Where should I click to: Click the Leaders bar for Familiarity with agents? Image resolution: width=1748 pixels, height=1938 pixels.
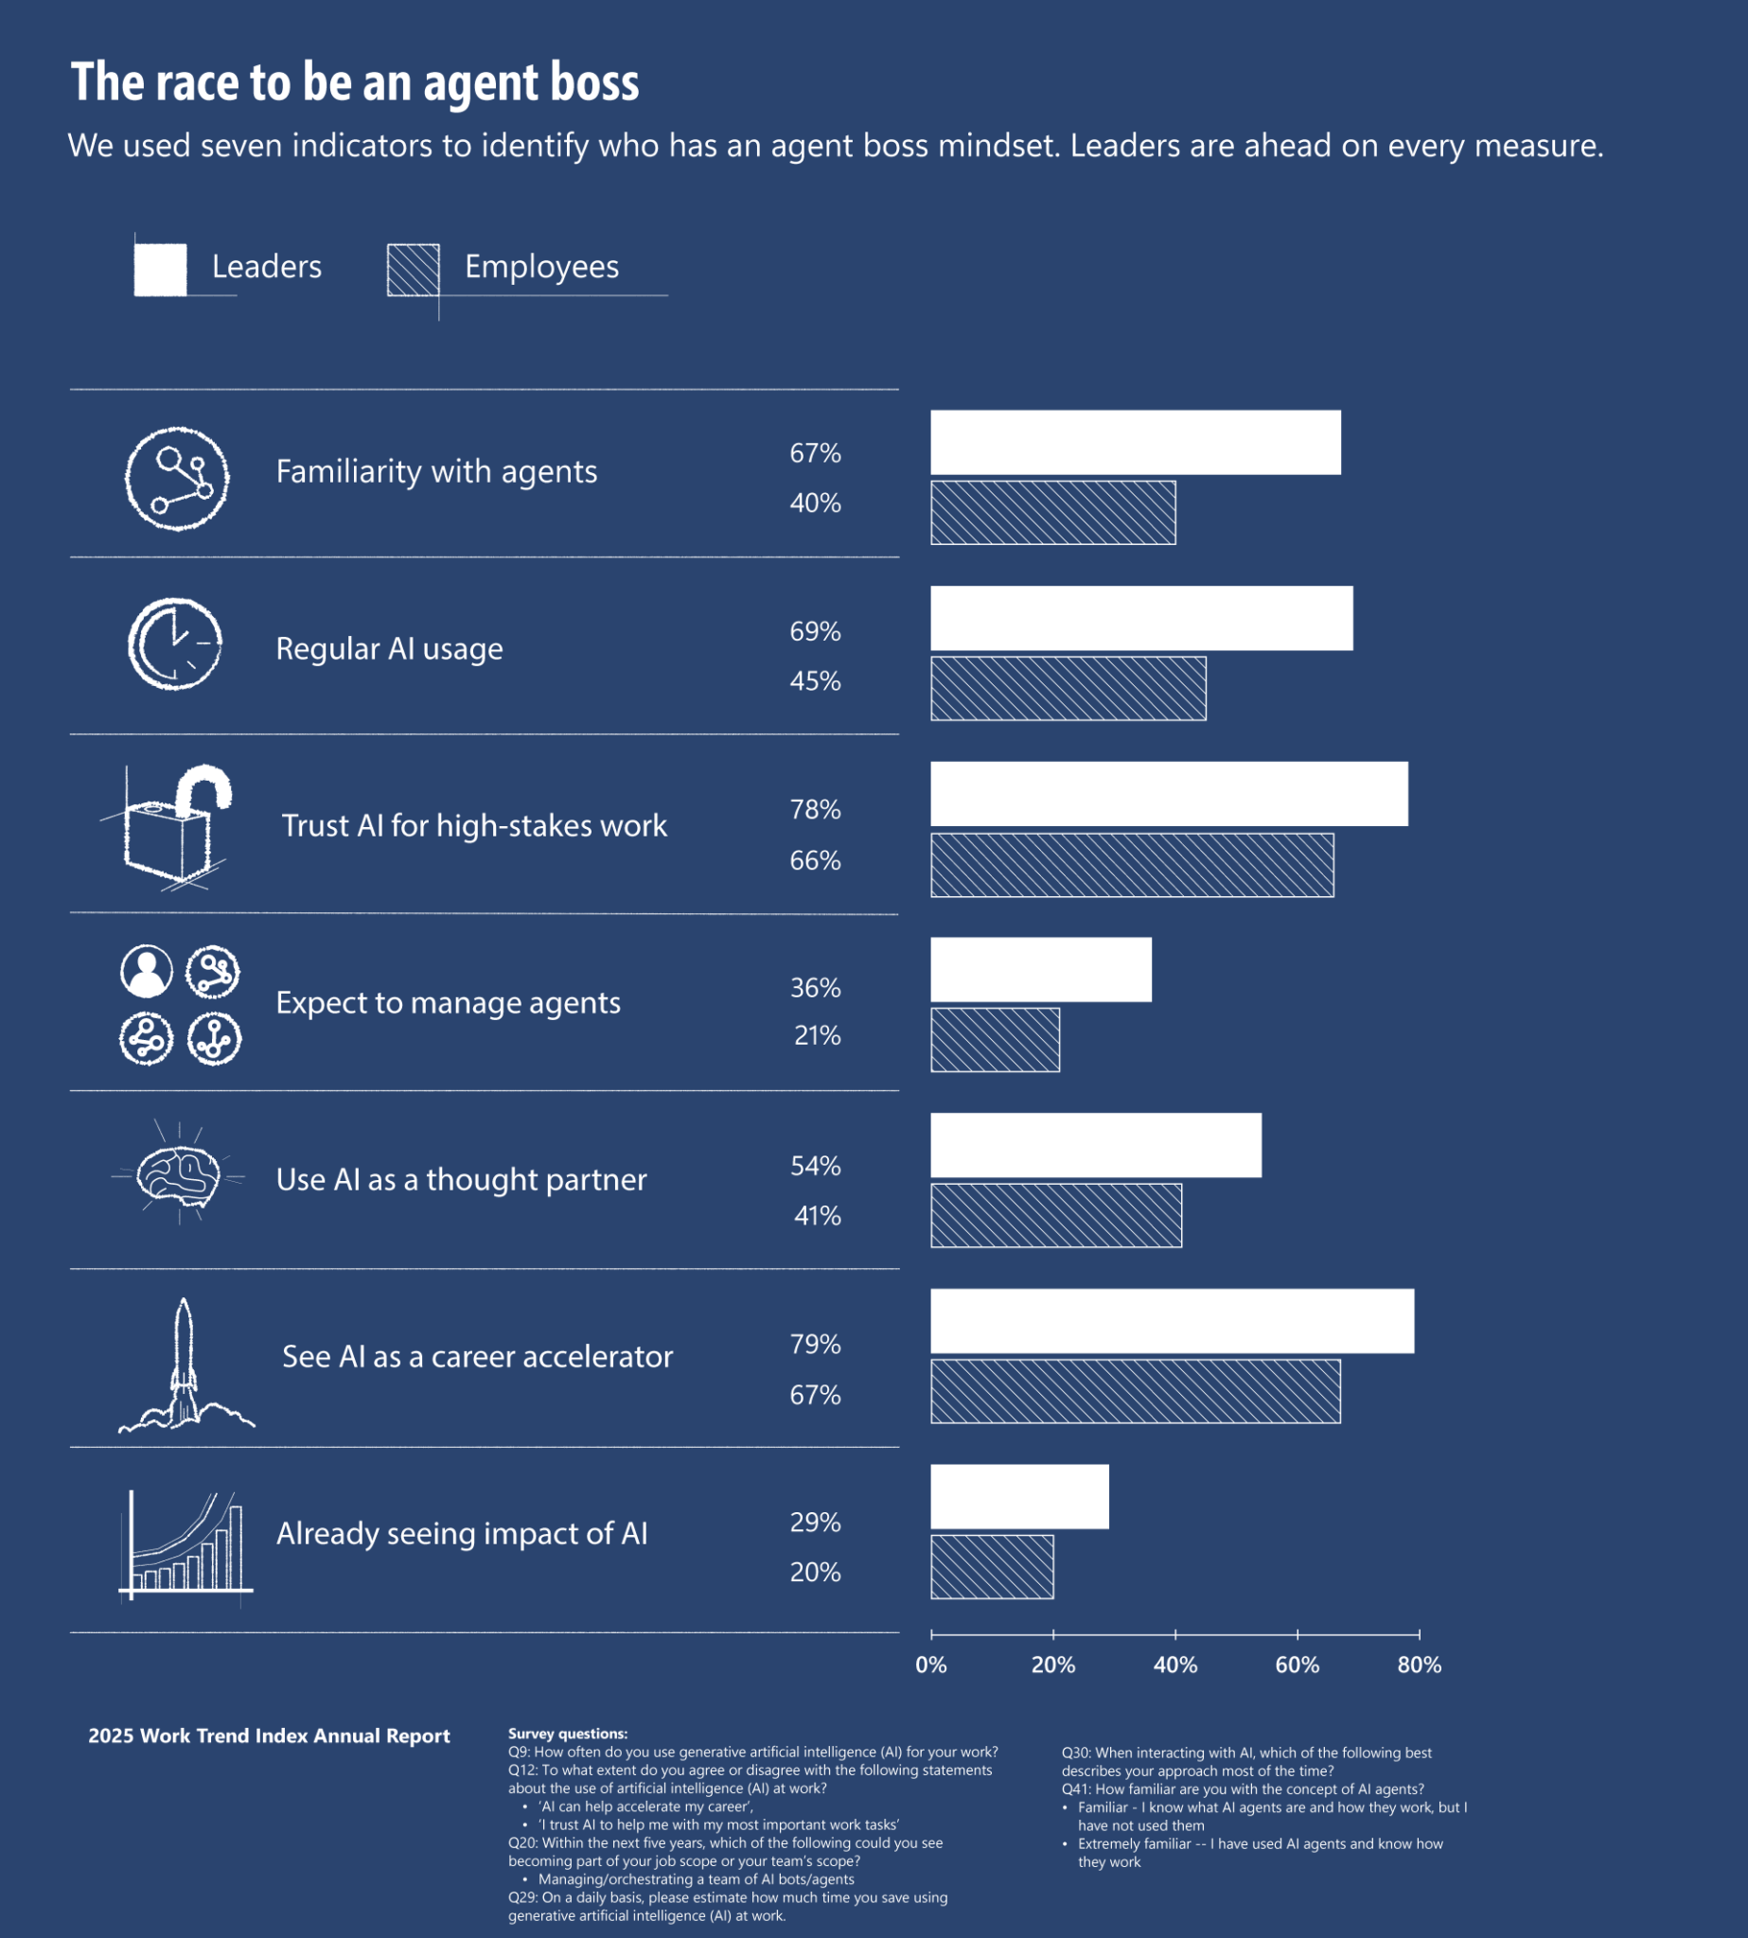pos(1136,442)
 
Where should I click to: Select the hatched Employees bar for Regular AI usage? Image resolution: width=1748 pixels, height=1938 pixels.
pos(1068,688)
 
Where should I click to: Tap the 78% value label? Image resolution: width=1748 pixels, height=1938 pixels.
pos(815,810)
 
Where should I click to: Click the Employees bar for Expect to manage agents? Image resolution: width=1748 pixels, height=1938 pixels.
pos(995,1039)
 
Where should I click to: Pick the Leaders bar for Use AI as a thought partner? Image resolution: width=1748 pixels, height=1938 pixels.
pos(1096,1145)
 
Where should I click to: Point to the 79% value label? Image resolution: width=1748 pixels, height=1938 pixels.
pos(815,1344)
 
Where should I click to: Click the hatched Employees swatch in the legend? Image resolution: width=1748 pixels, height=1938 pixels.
pos(413,270)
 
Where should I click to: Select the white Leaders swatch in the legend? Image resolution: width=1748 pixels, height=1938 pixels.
pos(160,270)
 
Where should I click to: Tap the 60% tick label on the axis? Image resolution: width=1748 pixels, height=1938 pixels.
pos(1297,1665)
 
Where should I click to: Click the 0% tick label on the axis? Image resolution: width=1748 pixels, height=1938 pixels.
pos(930,1665)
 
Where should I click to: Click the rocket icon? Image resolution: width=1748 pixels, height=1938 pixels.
pos(185,1364)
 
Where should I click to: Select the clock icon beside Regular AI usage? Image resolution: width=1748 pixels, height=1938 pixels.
pos(175,644)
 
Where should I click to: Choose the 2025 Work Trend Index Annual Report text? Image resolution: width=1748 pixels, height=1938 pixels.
pos(269,1735)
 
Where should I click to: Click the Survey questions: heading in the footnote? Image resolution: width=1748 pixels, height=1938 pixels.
pos(568,1734)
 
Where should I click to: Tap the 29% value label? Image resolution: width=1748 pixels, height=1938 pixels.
pos(815,1523)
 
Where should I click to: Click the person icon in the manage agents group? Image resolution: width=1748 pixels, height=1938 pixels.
pos(146,971)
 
